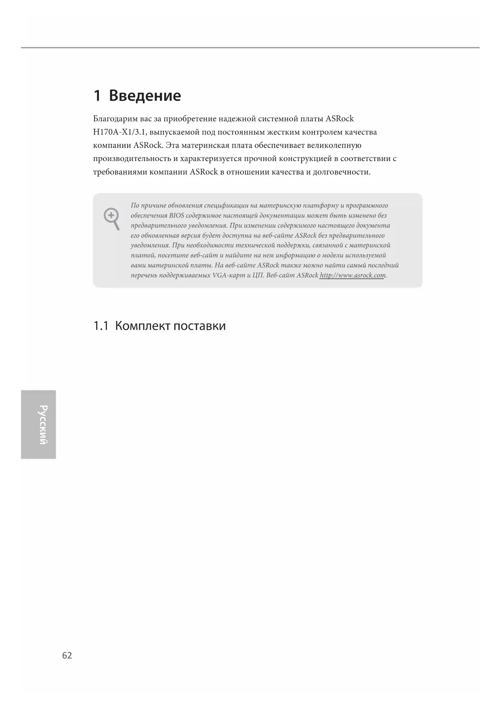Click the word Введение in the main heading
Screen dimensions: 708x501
click(x=145, y=96)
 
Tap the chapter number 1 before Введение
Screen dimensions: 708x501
click(x=97, y=96)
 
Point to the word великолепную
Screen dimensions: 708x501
click(x=334, y=145)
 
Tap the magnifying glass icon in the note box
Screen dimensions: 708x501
click(x=112, y=218)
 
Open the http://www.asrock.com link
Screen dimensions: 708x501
click(x=352, y=275)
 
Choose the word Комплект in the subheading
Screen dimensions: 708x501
click(x=143, y=326)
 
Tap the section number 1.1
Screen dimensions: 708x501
click(x=101, y=326)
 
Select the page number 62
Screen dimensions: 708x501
click(x=67, y=656)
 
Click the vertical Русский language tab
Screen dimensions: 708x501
click(x=39, y=424)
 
